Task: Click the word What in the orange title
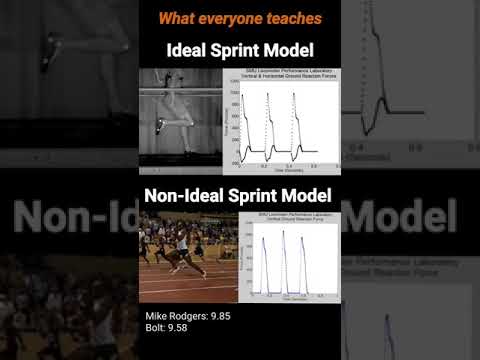tap(175, 18)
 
